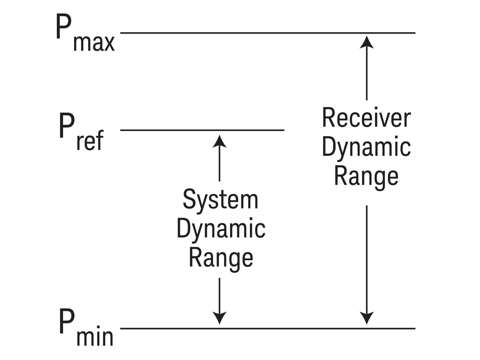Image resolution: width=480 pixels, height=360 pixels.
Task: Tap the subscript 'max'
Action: tap(94, 43)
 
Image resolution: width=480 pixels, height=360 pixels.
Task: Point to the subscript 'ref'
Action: tap(90, 141)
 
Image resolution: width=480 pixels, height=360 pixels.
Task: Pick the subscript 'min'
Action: tap(95, 338)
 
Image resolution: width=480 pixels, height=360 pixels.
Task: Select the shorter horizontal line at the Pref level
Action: tap(202, 130)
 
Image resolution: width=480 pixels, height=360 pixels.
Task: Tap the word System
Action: tap(220, 200)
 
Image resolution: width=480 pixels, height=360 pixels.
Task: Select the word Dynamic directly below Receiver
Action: tap(366, 147)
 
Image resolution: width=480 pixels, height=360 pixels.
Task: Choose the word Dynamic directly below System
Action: tap(221, 229)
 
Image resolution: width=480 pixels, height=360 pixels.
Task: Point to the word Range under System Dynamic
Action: tap(221, 258)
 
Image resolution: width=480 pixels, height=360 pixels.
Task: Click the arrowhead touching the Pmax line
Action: tap(367, 41)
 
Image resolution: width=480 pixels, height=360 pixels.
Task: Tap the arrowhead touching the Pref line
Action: tap(219, 141)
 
